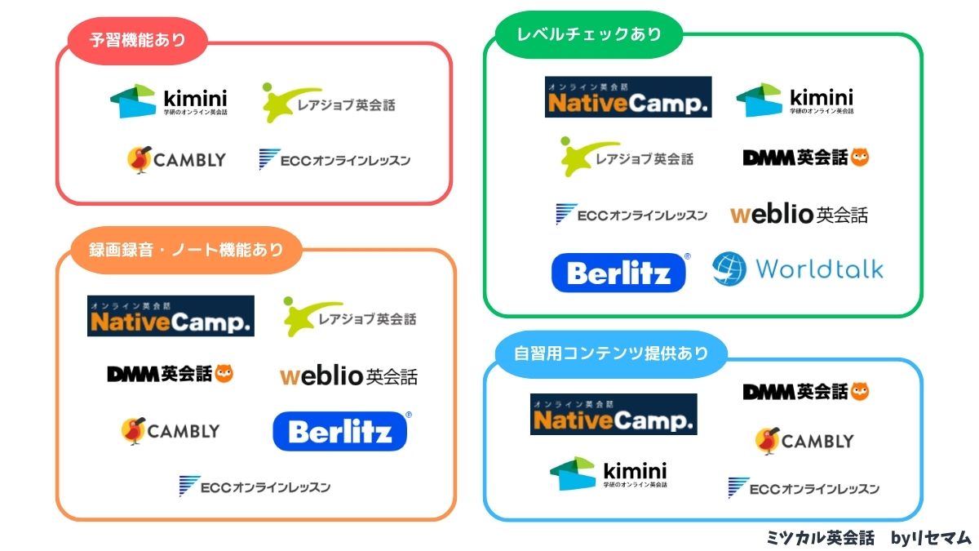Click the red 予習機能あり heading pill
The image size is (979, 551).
[138, 40]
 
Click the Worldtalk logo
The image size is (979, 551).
[798, 269]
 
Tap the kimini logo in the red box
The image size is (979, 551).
[169, 101]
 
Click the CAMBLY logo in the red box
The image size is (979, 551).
[176, 160]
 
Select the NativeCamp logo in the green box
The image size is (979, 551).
[628, 97]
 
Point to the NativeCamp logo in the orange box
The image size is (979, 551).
[171, 316]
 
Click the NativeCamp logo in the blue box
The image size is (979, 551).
[614, 414]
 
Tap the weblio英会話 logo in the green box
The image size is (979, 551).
[799, 215]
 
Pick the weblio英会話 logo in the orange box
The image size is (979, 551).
[348, 376]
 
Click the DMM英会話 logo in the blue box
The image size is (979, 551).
[805, 392]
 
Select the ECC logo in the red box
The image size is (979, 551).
[334, 160]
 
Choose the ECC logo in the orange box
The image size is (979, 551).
[255, 487]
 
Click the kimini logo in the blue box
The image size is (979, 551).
[608, 474]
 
